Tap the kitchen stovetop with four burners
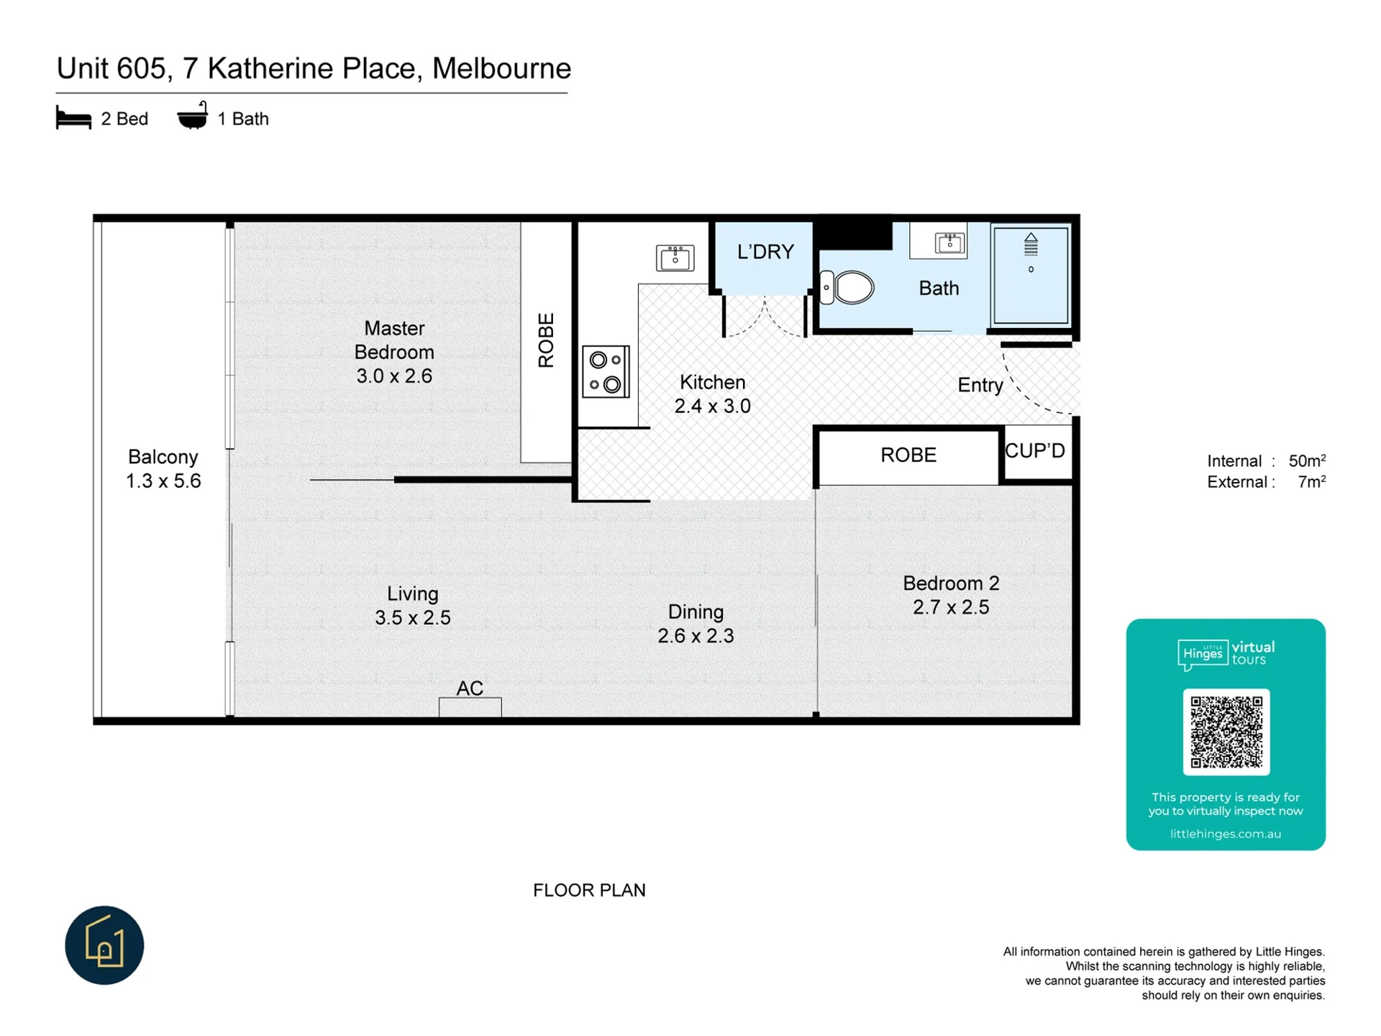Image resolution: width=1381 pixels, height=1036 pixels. [606, 372]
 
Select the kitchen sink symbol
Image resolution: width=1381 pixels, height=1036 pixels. [675, 258]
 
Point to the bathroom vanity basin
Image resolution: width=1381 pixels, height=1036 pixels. [949, 242]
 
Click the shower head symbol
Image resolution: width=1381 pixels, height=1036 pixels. [1031, 245]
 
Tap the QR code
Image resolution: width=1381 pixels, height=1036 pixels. [1226, 732]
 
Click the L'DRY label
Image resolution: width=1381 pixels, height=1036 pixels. [765, 252]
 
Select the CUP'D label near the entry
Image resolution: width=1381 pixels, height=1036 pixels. [1034, 451]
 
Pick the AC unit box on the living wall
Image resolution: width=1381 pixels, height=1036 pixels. [470, 706]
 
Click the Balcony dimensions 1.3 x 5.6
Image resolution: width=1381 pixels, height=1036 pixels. [163, 481]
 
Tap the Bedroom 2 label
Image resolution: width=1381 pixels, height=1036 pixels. [951, 583]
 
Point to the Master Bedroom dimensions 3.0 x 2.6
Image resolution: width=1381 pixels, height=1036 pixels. [394, 376]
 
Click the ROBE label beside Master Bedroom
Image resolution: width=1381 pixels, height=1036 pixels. [546, 340]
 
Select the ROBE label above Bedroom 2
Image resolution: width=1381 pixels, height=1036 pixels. [908, 455]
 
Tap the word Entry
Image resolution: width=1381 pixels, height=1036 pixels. [980, 386]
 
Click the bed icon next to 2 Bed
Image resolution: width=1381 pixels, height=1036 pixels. [73, 118]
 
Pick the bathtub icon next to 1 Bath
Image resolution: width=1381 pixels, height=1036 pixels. [192, 116]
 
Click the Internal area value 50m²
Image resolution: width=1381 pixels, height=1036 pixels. [1307, 460]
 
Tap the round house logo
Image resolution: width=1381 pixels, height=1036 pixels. [104, 945]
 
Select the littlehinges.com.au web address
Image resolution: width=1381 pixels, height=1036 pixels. [1226, 834]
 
